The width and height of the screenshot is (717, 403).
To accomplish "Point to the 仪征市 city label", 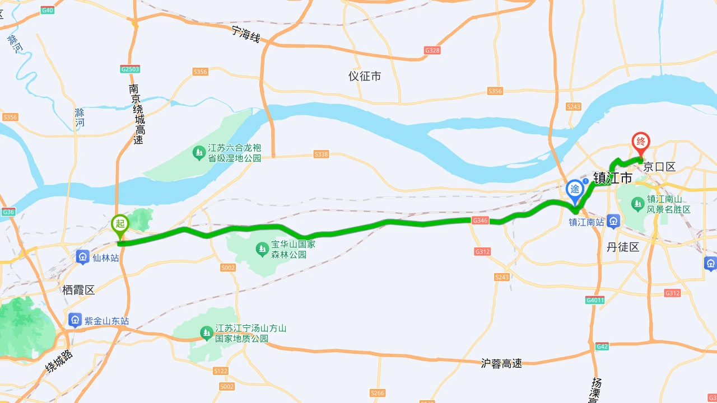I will pyautogui.click(x=365, y=76).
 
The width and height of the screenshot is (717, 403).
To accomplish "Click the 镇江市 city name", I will pyautogui.click(x=613, y=179).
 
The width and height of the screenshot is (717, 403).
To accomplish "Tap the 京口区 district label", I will pyautogui.click(x=659, y=167).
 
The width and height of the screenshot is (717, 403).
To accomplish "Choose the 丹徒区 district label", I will pyautogui.click(x=623, y=247).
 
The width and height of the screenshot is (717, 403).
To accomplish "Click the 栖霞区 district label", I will pyautogui.click(x=78, y=290).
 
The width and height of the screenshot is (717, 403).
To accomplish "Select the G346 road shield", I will pyautogui.click(x=480, y=221).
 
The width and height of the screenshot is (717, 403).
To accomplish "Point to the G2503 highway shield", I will pyautogui.click(x=130, y=69).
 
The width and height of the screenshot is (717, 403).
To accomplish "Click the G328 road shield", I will pyautogui.click(x=432, y=50).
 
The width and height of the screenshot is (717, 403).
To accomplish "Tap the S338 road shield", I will pyautogui.click(x=321, y=154).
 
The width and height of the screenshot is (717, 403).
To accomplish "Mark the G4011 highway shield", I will pyautogui.click(x=595, y=300).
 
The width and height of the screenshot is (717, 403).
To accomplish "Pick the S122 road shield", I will pyautogui.click(x=221, y=371).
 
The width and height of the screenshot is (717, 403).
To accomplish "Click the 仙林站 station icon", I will pyautogui.click(x=83, y=257).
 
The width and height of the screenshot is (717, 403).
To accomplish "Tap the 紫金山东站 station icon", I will pyautogui.click(x=75, y=321).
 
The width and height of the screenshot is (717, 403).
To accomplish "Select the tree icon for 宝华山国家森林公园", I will pyautogui.click(x=262, y=249).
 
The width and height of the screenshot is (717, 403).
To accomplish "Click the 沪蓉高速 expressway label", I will pyautogui.click(x=501, y=363).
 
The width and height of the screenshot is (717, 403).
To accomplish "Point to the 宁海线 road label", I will pyautogui.click(x=246, y=35).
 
